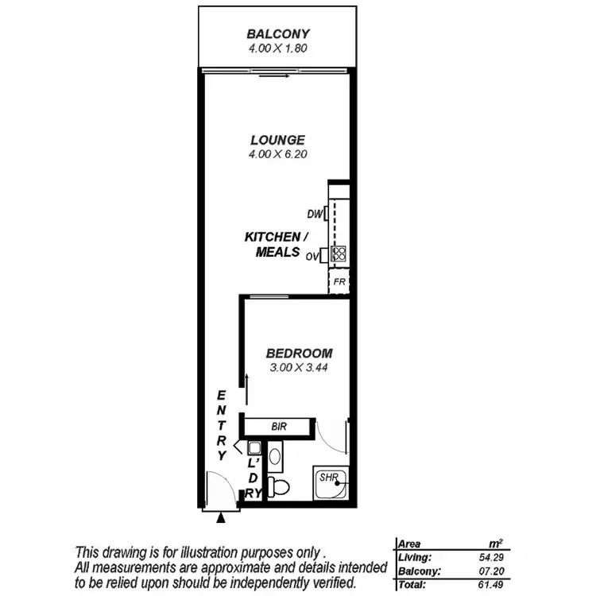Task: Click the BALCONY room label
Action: pos(277,34)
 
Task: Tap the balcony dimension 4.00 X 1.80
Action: pos(277,48)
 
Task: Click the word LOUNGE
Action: pos(277,140)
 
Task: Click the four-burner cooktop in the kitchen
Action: pos(339,254)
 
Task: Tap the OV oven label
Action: pos(312,256)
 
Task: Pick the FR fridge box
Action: pos(339,282)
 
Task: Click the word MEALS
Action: pos(277,253)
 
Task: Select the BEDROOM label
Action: pos(299,354)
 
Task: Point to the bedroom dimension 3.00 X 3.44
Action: pos(299,368)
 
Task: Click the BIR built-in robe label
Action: pos(278,427)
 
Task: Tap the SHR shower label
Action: pos(329,477)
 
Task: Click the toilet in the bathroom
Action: pos(279,484)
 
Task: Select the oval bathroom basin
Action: pos(275,456)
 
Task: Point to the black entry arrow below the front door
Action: pos(221,517)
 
